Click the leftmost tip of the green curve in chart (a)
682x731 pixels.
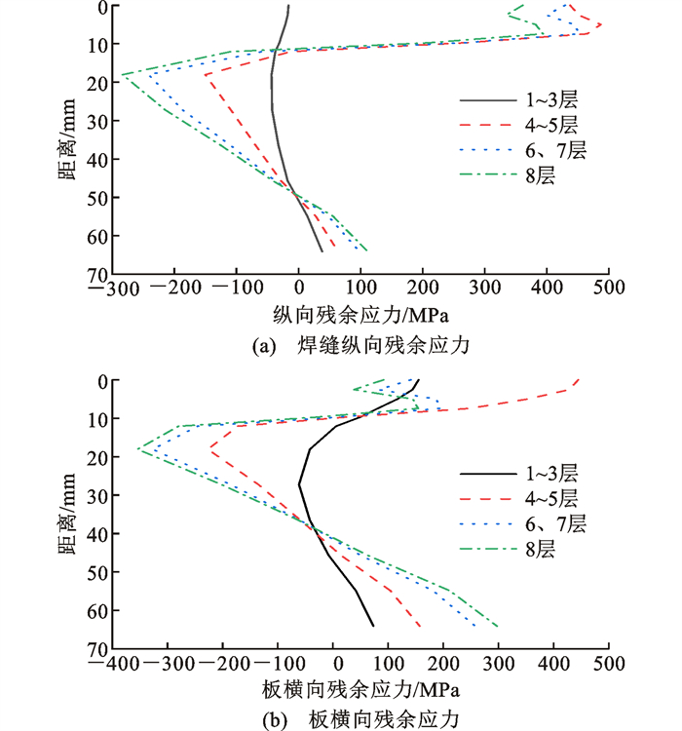coord(120,74)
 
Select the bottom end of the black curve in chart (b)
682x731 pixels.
coord(373,626)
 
